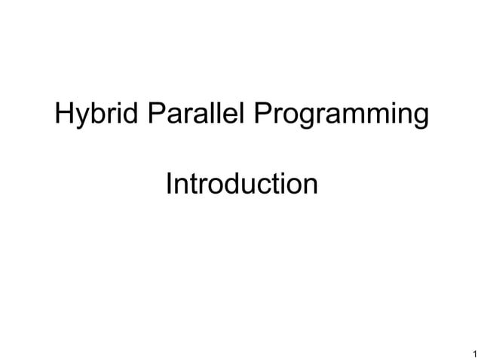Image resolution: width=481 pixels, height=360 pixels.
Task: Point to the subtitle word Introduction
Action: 241,183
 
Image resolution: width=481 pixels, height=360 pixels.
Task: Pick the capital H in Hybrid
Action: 64,114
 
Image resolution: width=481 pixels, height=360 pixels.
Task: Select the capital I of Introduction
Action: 168,183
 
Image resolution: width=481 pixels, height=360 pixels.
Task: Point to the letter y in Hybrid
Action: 81,117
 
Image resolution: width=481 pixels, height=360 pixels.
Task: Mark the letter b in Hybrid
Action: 96,114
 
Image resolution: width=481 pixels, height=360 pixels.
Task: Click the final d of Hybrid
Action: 131,114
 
